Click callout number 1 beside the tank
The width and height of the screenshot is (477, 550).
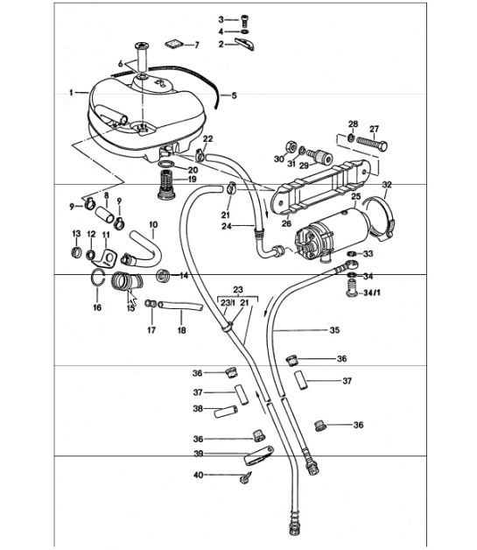71,91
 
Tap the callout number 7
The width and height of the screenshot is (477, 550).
196,44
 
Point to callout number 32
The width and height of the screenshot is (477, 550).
386,186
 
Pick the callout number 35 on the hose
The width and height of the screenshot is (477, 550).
333,331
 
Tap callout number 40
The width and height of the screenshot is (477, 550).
198,475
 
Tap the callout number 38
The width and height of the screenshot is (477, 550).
198,408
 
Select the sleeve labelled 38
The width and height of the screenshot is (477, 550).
234,409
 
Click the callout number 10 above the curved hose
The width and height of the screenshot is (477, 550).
152,225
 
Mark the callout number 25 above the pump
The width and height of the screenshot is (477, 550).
356,198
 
